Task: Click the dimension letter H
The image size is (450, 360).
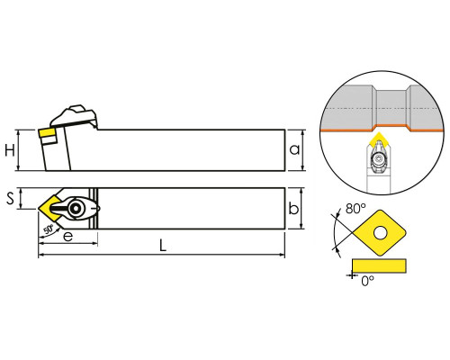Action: [x=10, y=150]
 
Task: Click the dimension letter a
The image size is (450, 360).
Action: [x=294, y=149]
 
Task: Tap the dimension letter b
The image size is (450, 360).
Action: [x=293, y=208]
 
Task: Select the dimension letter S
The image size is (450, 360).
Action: [x=11, y=198]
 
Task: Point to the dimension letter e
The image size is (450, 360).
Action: [x=68, y=237]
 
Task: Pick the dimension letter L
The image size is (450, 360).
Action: [x=162, y=246]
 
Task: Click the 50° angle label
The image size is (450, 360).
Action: [x=49, y=229]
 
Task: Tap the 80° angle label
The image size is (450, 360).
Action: [x=355, y=209]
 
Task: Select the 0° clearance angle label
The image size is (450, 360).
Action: [x=368, y=281]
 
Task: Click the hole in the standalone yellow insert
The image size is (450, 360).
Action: [x=381, y=233]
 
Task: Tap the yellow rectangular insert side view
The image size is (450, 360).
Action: [x=379, y=265]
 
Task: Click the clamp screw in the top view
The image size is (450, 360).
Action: [x=75, y=208]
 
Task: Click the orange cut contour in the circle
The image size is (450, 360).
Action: [x=382, y=128]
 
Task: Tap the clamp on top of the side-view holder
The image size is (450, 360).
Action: [x=74, y=116]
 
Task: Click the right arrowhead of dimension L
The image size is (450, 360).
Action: [x=282, y=255]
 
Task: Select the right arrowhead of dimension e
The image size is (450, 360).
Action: [x=94, y=243]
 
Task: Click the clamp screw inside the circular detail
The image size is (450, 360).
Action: [x=379, y=158]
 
